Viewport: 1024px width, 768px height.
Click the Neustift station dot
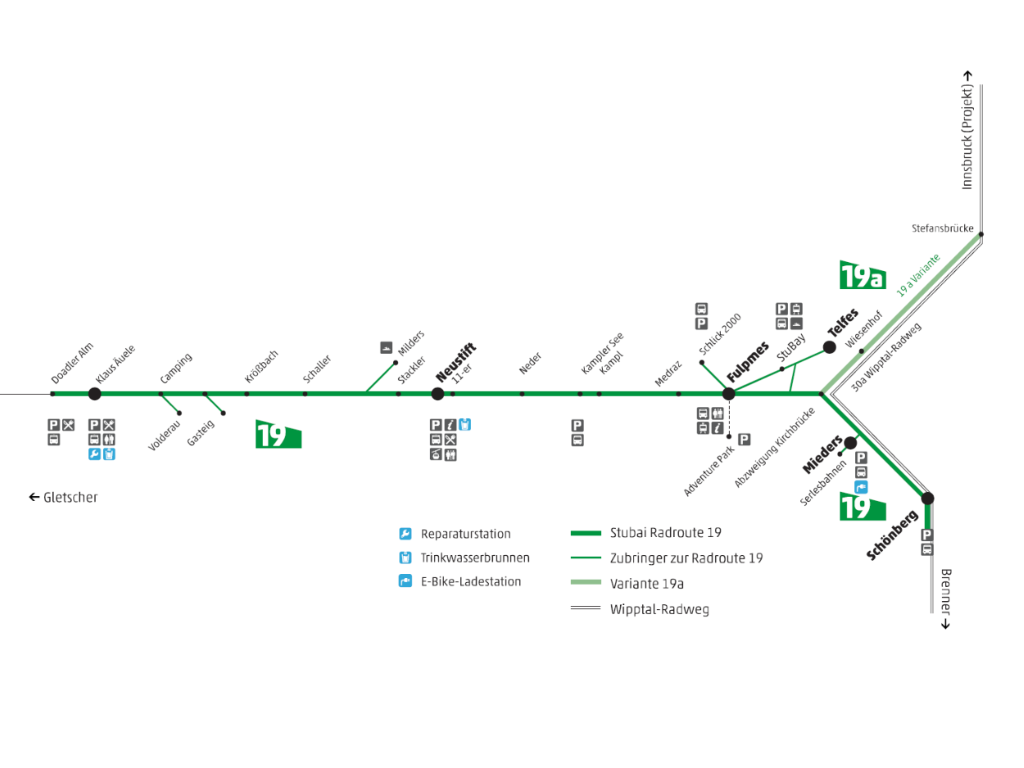[437, 394]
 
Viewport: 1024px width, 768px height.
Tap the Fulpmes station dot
[728, 394]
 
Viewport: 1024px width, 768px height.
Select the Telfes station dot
[829, 347]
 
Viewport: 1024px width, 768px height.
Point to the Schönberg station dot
[927, 498]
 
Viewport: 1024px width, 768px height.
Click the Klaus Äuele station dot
[94, 394]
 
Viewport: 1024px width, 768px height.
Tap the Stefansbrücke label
[943, 228]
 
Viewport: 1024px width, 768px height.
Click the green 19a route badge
[863, 275]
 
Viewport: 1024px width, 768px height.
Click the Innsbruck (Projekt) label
[967, 131]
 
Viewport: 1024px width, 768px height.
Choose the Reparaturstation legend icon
[406, 534]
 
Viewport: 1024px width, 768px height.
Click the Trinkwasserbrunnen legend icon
[406, 558]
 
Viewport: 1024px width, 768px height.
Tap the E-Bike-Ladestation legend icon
[406, 581]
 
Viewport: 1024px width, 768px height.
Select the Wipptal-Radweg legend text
[659, 609]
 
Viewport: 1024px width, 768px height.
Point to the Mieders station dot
[850, 443]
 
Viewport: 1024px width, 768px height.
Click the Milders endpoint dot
[396, 363]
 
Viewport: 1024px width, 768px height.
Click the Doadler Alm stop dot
[52, 394]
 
